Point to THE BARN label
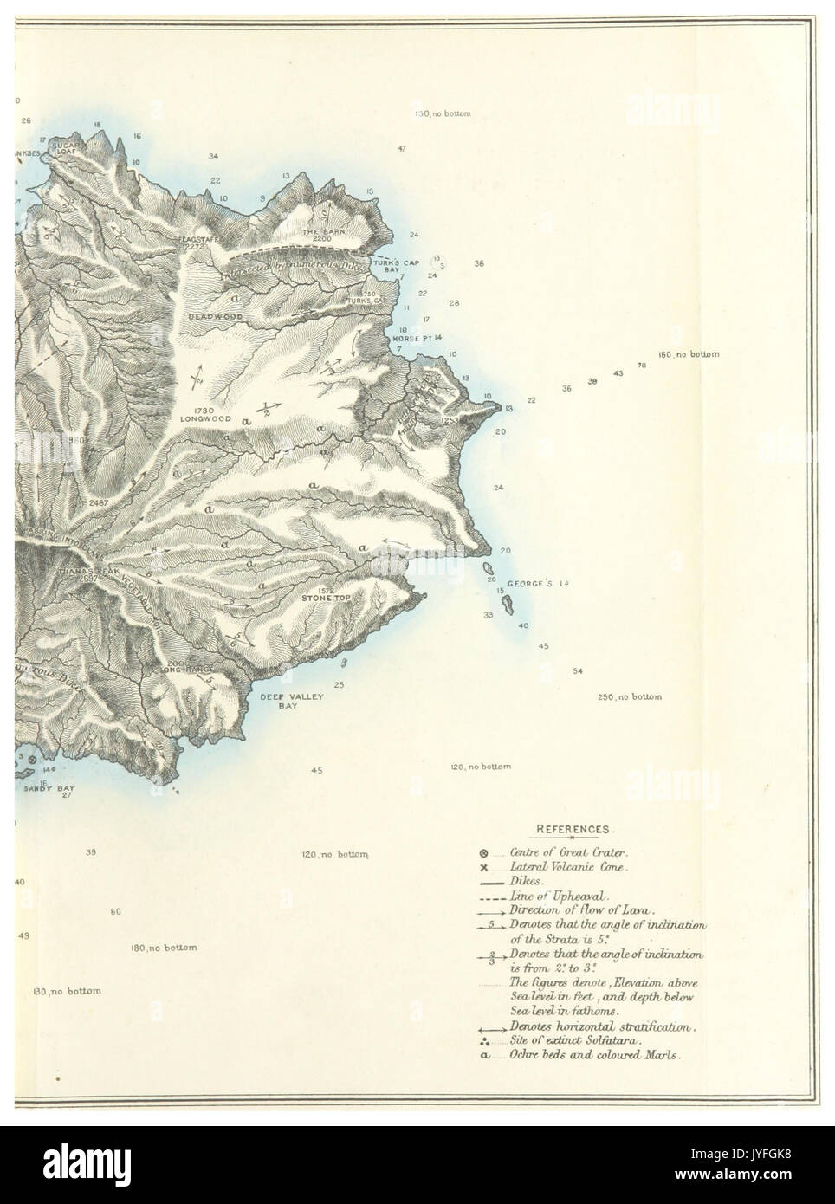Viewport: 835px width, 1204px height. pos(317,233)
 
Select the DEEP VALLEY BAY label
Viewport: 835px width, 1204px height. pos(278,701)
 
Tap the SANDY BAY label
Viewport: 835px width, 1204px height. pos(49,789)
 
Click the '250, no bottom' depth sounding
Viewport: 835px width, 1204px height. pos(629,697)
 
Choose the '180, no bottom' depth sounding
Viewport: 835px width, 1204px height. pos(164,948)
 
